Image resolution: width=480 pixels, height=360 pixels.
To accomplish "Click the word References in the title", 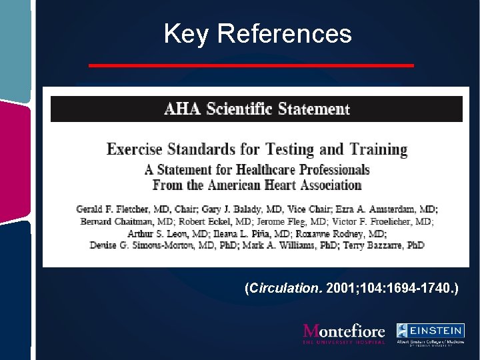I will [x=285, y=33].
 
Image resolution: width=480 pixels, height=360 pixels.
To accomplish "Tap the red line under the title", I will [x=251, y=65].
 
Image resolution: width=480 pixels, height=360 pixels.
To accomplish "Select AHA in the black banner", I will [x=182, y=109].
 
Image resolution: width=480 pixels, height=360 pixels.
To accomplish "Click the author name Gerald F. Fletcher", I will [x=109, y=209].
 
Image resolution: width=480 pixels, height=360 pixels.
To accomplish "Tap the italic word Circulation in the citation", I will [x=286, y=289].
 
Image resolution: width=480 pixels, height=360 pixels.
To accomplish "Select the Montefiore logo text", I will [x=344, y=332].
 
